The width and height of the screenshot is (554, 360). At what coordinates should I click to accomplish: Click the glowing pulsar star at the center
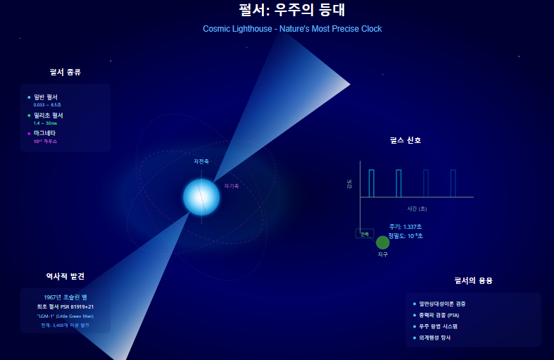click(201, 197)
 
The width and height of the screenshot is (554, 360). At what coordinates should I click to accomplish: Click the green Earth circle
click(383, 242)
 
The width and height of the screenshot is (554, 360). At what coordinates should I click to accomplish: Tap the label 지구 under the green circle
click(383, 254)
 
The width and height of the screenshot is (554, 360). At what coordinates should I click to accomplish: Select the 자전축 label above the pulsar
click(201, 161)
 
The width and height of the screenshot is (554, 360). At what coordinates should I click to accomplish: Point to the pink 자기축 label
click(232, 186)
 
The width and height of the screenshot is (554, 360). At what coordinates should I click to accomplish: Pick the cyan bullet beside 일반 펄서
click(29, 97)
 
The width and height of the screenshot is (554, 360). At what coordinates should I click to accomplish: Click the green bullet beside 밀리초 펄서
click(29, 115)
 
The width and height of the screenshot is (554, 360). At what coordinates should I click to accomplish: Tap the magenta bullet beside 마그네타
click(29, 133)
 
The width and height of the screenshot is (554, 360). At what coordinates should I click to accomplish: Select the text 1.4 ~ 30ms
click(45, 123)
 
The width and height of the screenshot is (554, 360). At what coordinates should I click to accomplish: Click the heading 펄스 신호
click(405, 140)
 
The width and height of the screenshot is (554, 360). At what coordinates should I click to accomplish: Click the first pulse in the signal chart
click(372, 182)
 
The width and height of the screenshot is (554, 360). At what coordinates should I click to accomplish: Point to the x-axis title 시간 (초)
click(417, 209)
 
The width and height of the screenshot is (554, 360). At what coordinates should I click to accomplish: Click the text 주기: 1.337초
click(405, 227)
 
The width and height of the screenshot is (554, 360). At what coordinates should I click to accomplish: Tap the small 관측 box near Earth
click(365, 234)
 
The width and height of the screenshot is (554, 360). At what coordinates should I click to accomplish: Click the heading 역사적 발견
click(65, 276)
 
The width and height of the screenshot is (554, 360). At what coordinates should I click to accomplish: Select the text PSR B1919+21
click(77, 306)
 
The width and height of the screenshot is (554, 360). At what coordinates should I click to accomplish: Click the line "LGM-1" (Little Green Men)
click(65, 316)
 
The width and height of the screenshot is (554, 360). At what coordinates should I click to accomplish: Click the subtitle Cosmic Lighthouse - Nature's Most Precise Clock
click(292, 29)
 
